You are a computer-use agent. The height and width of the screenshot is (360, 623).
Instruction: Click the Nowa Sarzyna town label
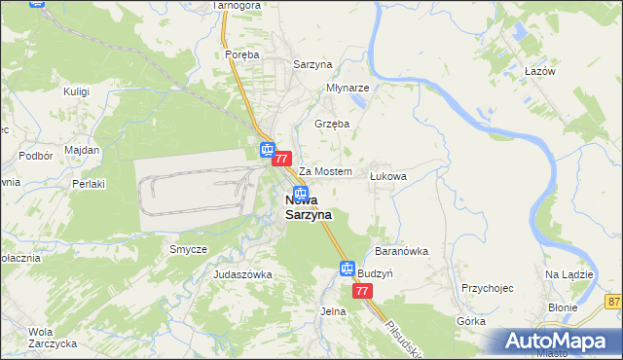[x=308, y=207]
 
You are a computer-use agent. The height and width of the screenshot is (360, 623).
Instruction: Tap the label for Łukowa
[x=387, y=176]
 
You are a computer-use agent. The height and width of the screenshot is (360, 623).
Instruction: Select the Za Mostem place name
[x=324, y=171]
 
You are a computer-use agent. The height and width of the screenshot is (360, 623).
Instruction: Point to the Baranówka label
[x=401, y=250]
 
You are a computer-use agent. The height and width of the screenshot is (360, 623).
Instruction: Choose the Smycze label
[x=188, y=249]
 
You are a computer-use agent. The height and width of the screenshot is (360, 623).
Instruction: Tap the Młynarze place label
[x=348, y=86]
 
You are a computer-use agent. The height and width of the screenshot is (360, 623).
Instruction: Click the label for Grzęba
[x=332, y=124]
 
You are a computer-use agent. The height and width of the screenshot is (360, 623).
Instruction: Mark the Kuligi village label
[x=76, y=90]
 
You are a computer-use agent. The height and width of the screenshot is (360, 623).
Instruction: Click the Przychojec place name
[x=487, y=288]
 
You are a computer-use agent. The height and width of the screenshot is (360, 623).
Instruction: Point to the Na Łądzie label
[x=569, y=274]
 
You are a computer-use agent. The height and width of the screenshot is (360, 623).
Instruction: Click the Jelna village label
[x=333, y=311]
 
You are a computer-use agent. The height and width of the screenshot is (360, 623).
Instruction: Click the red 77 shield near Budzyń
[x=362, y=291]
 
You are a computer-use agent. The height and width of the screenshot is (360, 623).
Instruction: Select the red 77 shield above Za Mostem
[x=282, y=158]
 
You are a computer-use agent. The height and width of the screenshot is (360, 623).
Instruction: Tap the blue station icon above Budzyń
[x=348, y=269]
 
